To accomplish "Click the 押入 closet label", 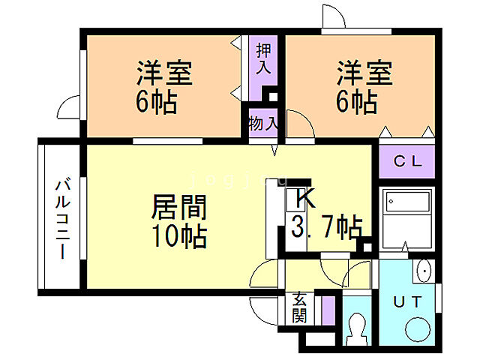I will (x=263, y=60).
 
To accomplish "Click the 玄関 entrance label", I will (x=299, y=307).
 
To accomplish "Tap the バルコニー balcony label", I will (x=63, y=217).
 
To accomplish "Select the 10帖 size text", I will (x=179, y=236).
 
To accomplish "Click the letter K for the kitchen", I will (x=305, y=198).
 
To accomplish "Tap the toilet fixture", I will (x=358, y=327).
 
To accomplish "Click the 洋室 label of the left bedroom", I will (x=165, y=73).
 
